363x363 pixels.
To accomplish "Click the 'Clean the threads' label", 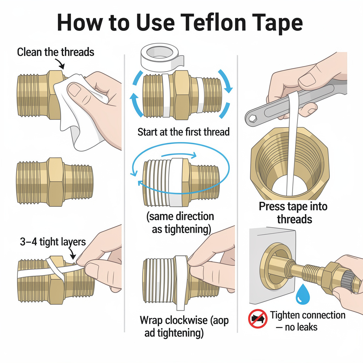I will click(x=56, y=52).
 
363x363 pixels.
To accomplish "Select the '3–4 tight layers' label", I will click(x=52, y=242).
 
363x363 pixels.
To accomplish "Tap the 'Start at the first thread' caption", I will click(x=184, y=132).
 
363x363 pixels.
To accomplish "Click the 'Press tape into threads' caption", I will click(x=294, y=213).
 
